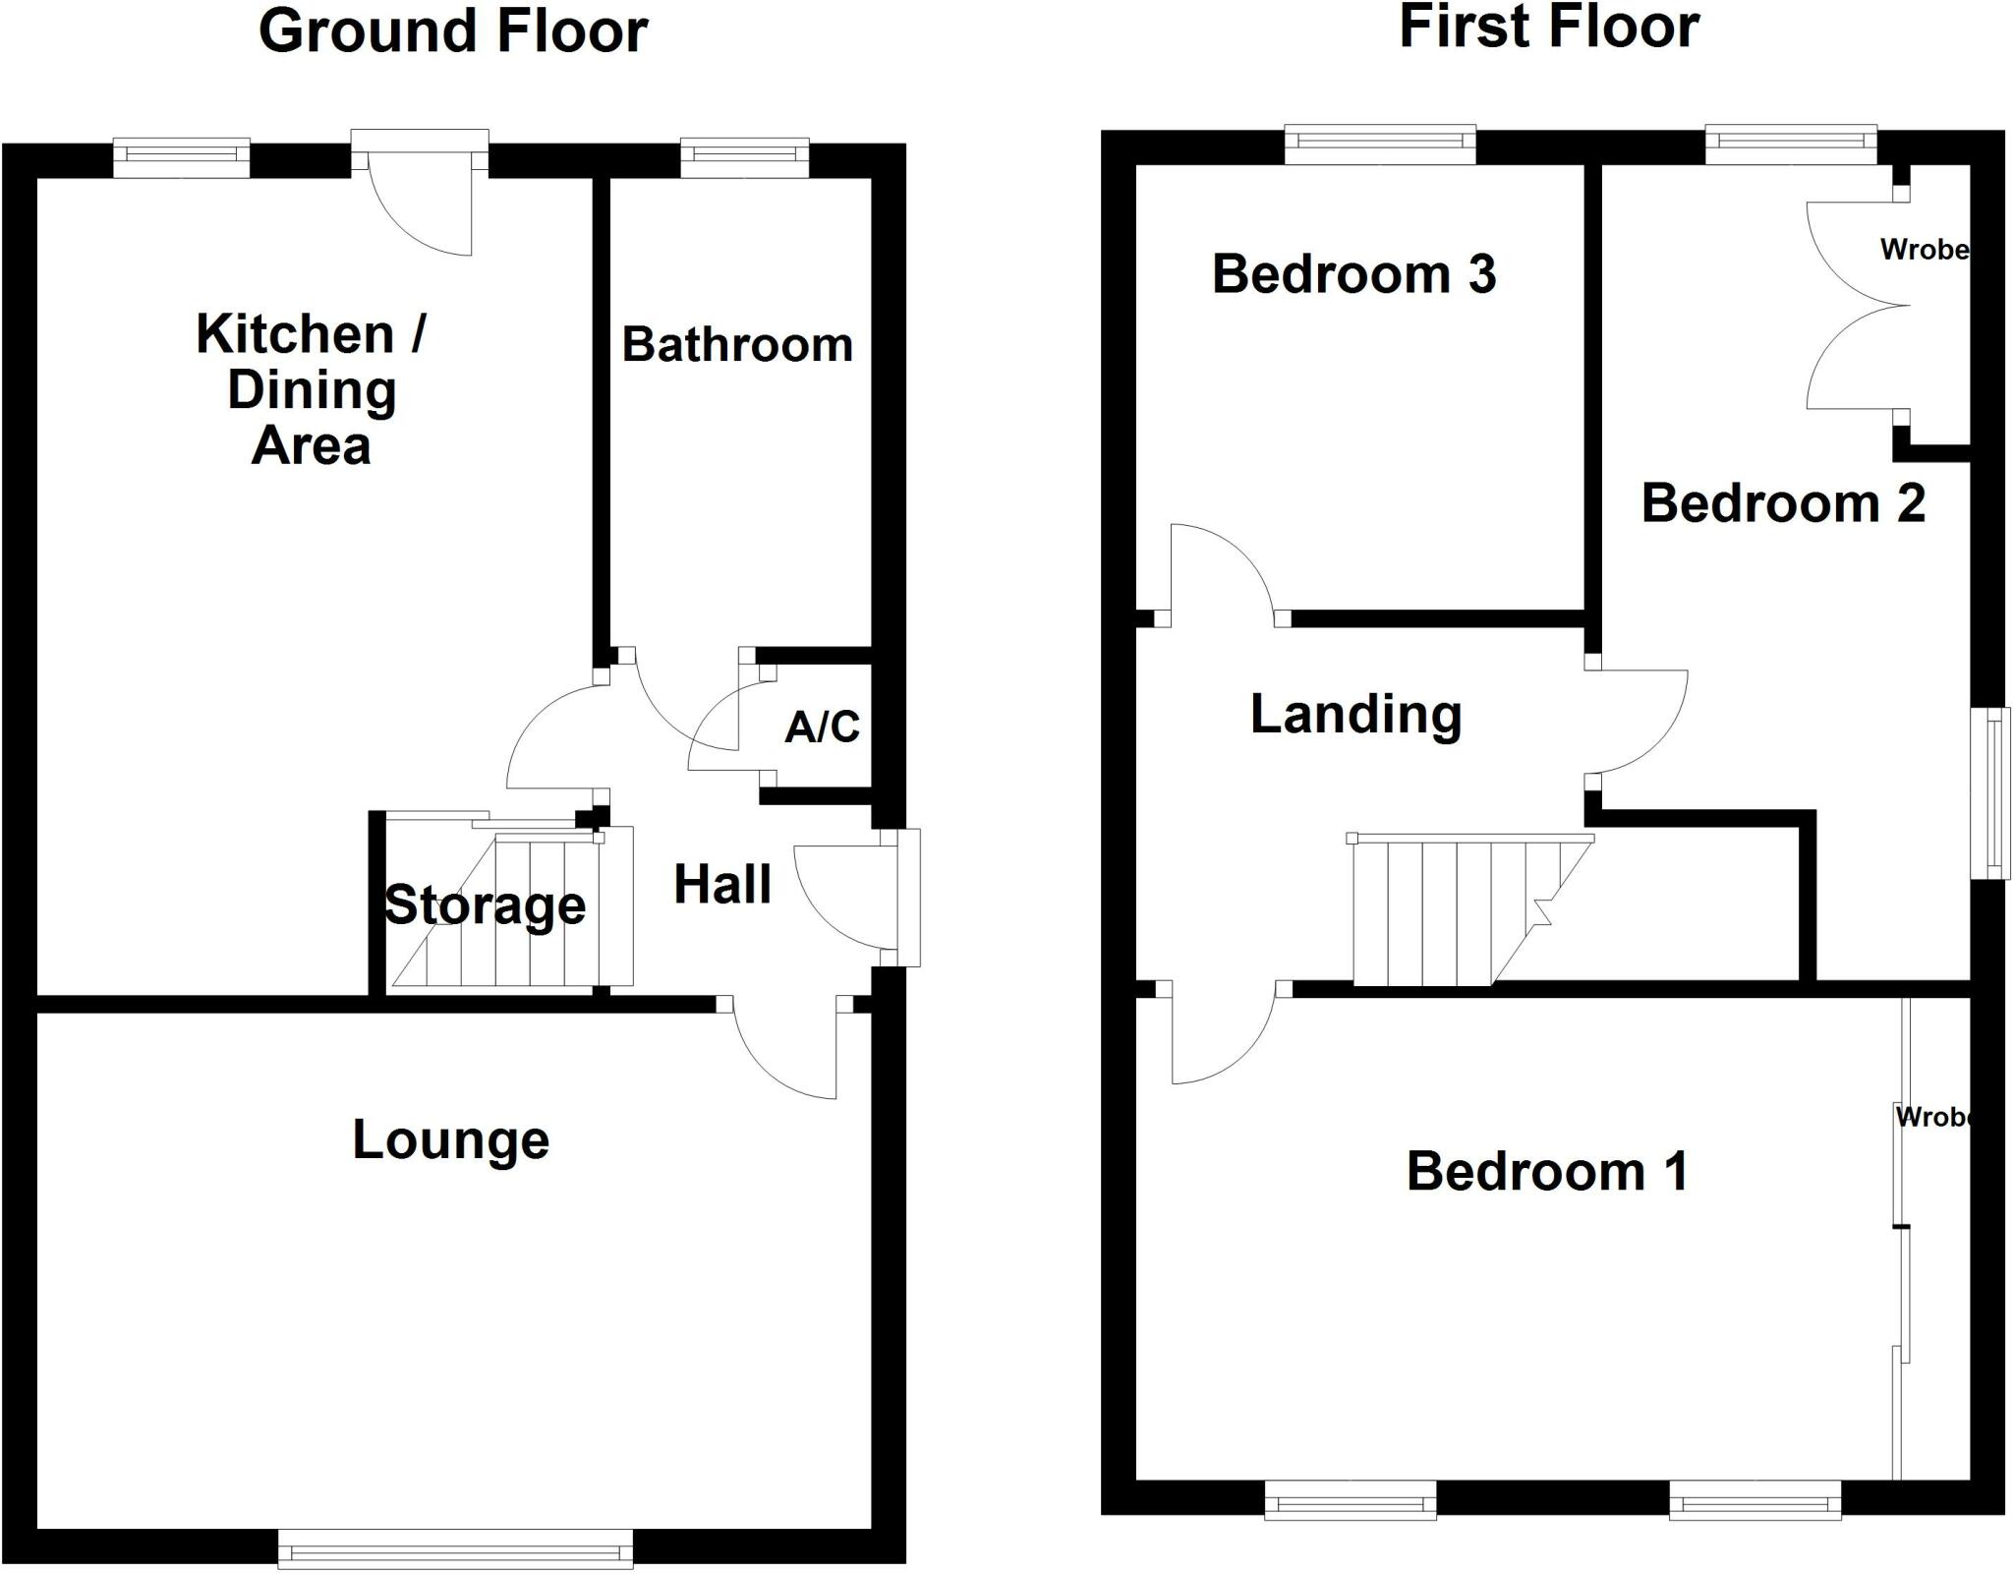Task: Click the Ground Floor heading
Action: click(x=453, y=31)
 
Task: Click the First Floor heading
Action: click(x=1548, y=28)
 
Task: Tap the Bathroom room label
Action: click(x=737, y=345)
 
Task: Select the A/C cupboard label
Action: click(x=822, y=727)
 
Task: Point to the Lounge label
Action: click(x=450, y=1140)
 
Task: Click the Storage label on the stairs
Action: click(x=485, y=905)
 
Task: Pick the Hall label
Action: click(x=721, y=885)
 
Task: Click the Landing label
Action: click(x=1355, y=715)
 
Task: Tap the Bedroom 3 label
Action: click(x=1353, y=274)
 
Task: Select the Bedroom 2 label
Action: click(x=1783, y=503)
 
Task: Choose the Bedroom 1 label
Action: click(x=1547, y=1172)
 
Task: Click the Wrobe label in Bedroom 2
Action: click(x=1924, y=250)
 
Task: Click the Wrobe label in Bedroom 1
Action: click(x=1933, y=1117)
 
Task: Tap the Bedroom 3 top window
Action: click(x=1380, y=146)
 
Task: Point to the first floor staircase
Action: click(x=1455, y=909)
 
